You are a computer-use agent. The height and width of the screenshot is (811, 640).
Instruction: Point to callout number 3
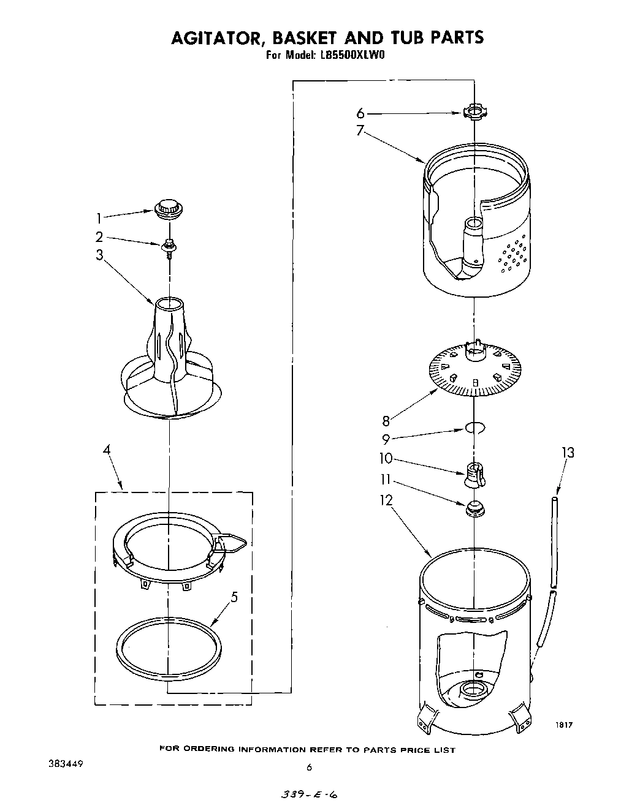click(x=99, y=255)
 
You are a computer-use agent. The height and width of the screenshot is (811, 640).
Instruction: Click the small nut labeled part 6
click(x=473, y=112)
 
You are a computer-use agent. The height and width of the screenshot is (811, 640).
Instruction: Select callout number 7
click(x=360, y=130)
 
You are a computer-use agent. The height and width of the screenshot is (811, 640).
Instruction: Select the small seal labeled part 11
click(x=474, y=508)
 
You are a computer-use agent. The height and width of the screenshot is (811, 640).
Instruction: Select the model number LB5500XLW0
click(x=351, y=55)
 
